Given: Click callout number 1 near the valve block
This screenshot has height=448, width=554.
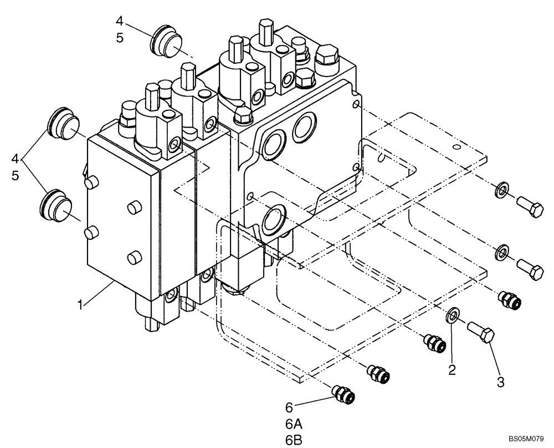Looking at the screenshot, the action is coord(81,305).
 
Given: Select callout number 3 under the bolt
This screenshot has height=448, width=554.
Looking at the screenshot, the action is coord(501,383).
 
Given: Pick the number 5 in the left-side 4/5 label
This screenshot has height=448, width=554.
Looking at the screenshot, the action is coord(14,175).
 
